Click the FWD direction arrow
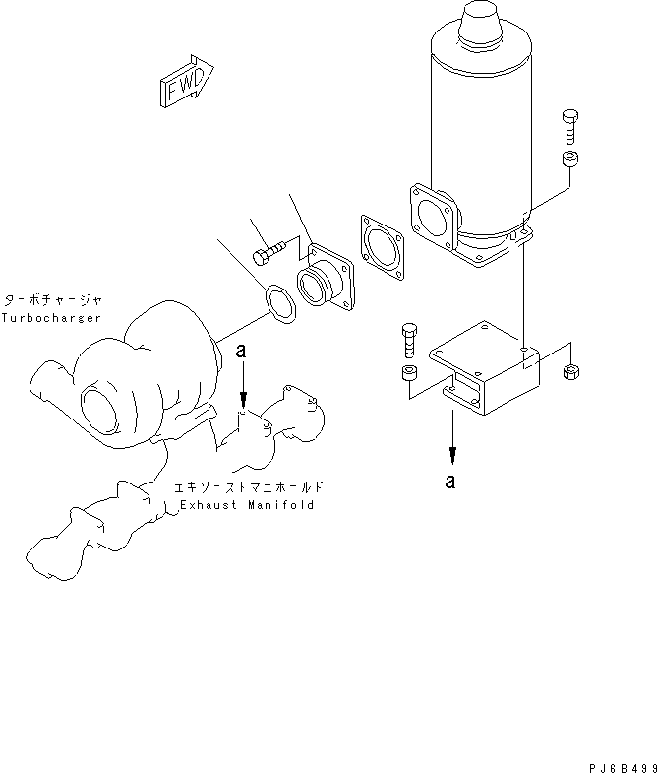point(185,82)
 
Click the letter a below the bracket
point(450,482)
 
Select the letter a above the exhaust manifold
point(240,350)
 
